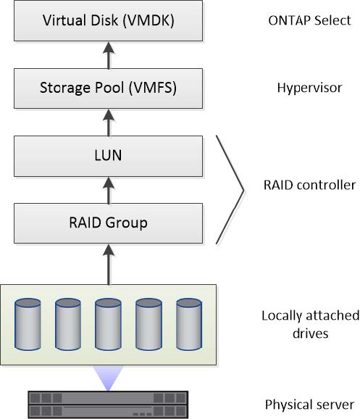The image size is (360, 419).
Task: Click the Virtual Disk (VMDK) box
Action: click(x=108, y=20)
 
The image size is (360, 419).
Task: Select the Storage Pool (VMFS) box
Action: click(x=108, y=88)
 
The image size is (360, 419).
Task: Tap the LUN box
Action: click(x=108, y=156)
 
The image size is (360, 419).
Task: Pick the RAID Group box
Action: click(x=108, y=223)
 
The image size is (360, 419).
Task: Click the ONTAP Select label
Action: click(x=309, y=20)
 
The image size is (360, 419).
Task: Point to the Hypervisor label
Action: click(x=309, y=88)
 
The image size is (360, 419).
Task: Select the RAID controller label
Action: click(x=310, y=185)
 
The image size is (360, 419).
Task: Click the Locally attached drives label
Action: click(x=310, y=325)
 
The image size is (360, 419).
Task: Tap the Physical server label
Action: click(x=310, y=405)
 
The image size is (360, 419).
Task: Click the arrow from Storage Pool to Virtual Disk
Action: click(x=109, y=55)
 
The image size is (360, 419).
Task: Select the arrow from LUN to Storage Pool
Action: click(x=109, y=123)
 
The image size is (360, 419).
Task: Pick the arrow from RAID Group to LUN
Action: click(x=109, y=191)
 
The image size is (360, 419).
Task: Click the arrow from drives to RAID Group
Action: click(x=109, y=265)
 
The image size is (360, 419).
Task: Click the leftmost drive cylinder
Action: click(x=28, y=324)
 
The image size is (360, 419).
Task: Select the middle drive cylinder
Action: click(x=108, y=324)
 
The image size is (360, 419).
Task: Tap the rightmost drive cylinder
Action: click(x=189, y=324)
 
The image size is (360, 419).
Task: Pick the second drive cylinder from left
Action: click(x=68, y=324)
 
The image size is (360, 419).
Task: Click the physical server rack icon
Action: click(x=108, y=405)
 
